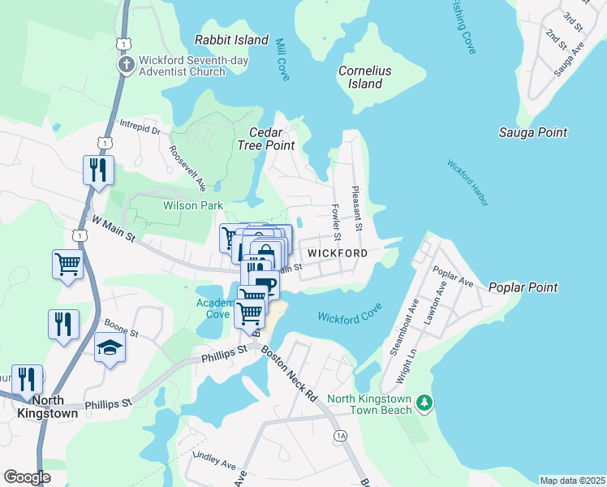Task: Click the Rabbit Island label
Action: coord(232,40)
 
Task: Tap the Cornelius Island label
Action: coord(364,77)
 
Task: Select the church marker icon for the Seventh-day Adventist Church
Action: coord(126,64)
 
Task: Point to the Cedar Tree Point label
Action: coord(265,139)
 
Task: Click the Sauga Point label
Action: coord(533,132)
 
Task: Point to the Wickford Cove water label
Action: coord(349,317)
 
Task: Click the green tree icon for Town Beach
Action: coord(423,403)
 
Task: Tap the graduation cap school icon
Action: coord(110,347)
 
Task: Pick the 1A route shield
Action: coord(340,436)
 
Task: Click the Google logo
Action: coord(27,477)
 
